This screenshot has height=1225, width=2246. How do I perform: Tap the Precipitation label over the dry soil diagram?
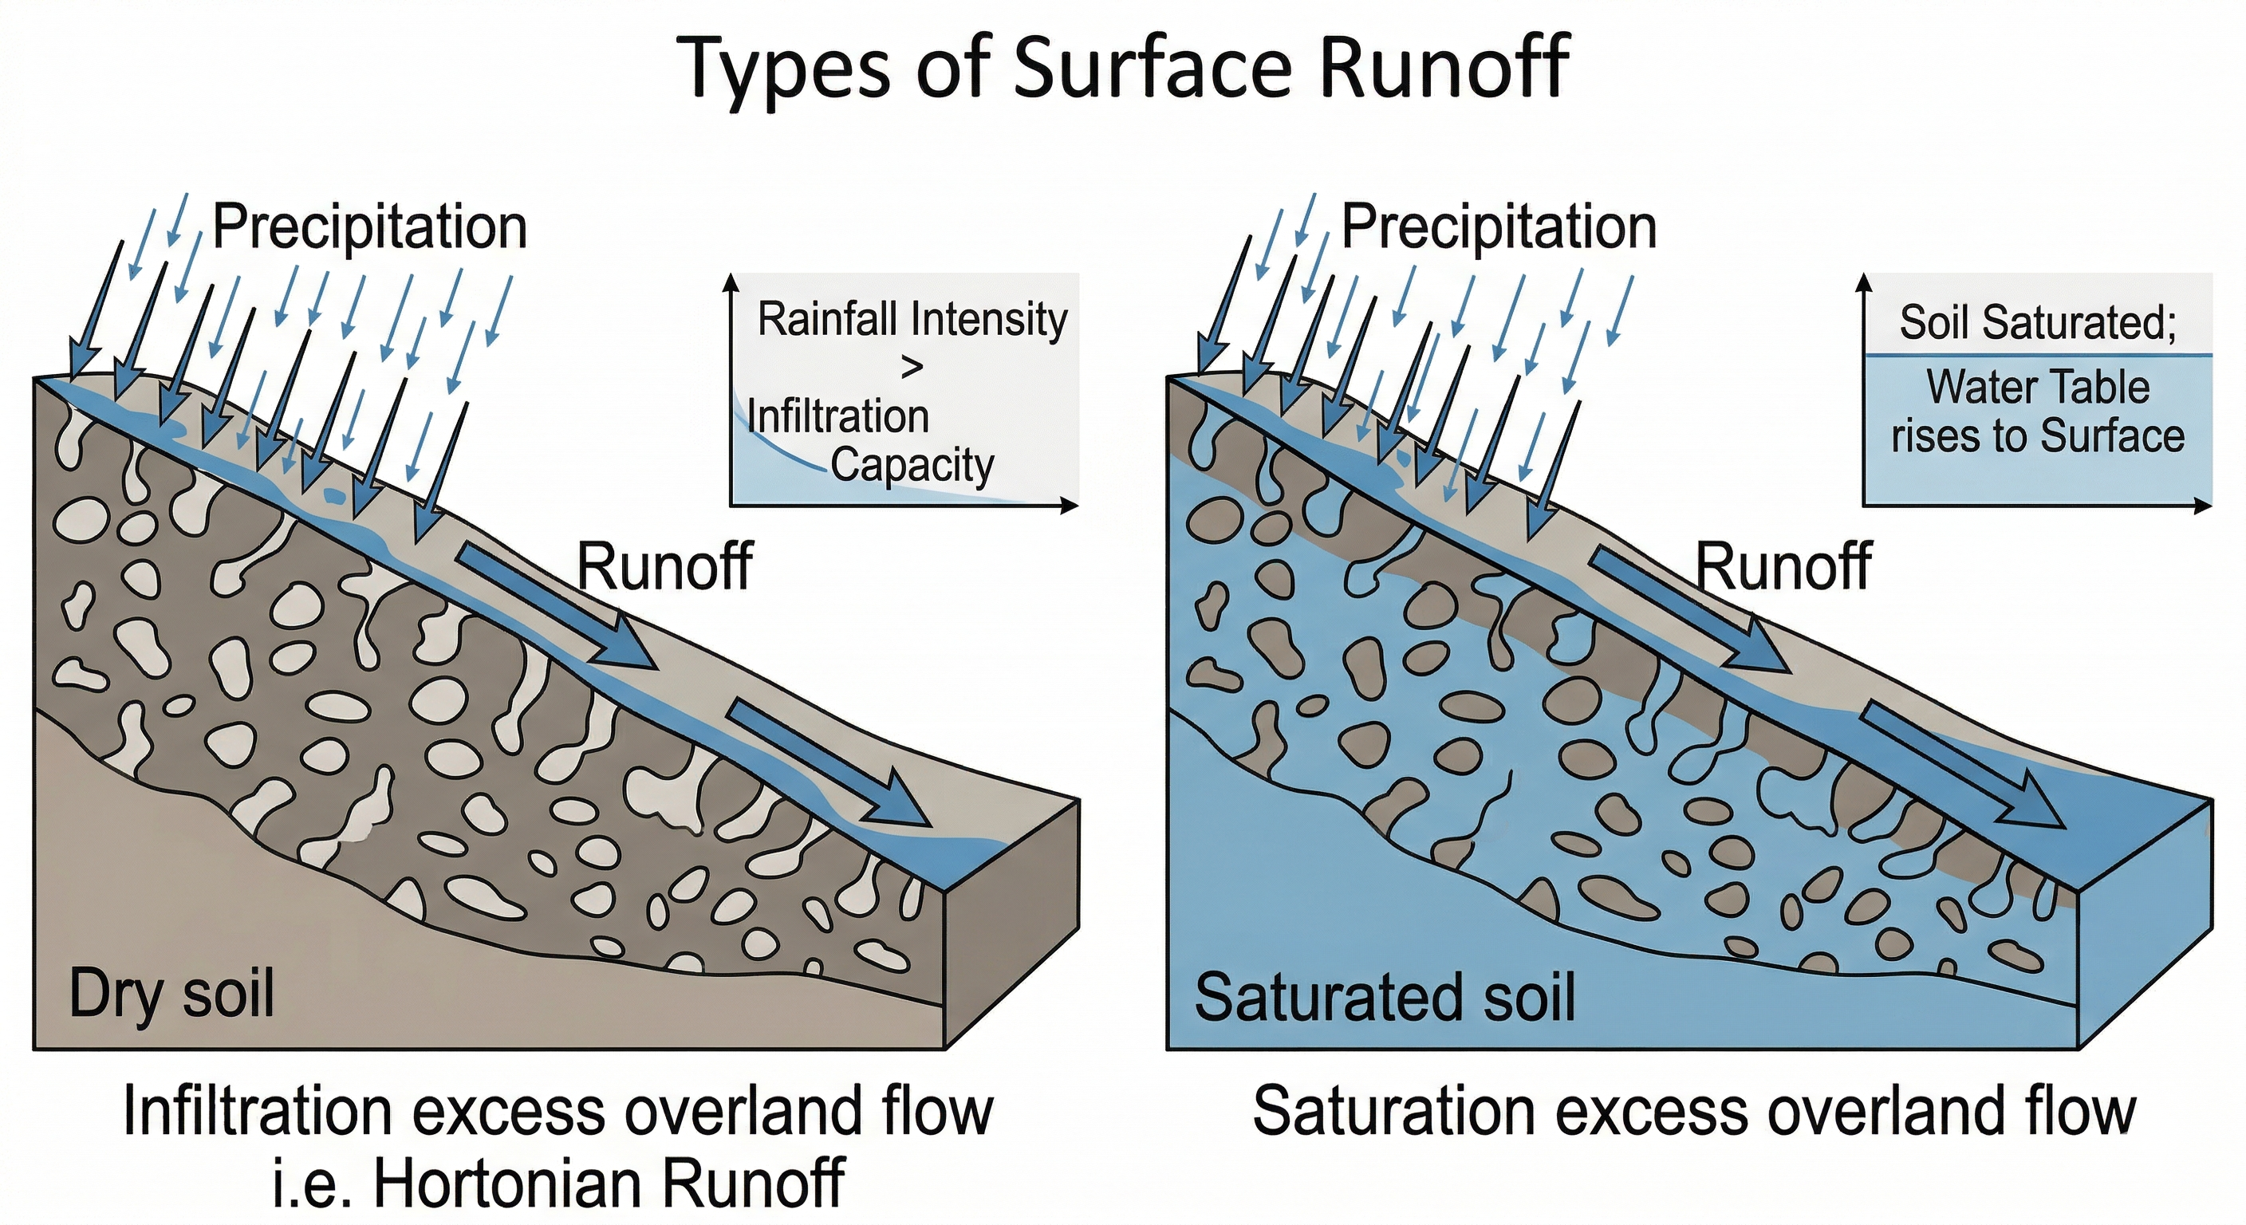370,227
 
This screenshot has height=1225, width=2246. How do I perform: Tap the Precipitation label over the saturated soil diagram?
1498,227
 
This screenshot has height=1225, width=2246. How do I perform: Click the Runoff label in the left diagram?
664,568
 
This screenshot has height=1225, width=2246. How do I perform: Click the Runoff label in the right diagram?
1783,568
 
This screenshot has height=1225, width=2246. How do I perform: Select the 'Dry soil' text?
171,995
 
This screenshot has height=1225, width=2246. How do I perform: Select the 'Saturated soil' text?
1385,997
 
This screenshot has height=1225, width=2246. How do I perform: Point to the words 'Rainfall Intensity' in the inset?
912,319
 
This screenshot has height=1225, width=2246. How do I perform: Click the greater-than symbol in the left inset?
911,368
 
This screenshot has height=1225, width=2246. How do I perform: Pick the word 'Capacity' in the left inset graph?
912,465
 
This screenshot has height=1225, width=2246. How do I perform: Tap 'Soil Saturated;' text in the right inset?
2038,322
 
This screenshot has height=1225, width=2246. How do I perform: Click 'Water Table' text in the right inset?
2038,387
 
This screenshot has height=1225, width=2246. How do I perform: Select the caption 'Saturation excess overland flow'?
1694,1110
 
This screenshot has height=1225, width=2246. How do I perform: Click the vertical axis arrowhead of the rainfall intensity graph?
731,282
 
